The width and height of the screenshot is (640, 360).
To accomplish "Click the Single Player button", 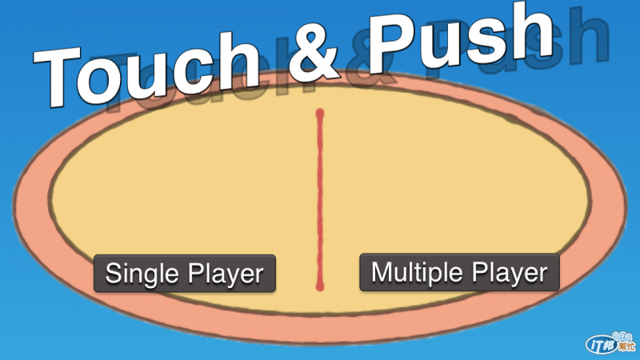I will [x=185, y=274].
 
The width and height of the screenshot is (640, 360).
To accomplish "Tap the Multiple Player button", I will [x=459, y=272].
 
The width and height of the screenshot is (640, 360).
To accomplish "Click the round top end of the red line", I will [x=320, y=114].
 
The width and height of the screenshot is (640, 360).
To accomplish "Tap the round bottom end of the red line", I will [x=321, y=284].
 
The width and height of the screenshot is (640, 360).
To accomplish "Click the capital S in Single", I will [x=114, y=273].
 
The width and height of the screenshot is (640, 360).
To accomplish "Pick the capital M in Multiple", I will [x=382, y=272].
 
